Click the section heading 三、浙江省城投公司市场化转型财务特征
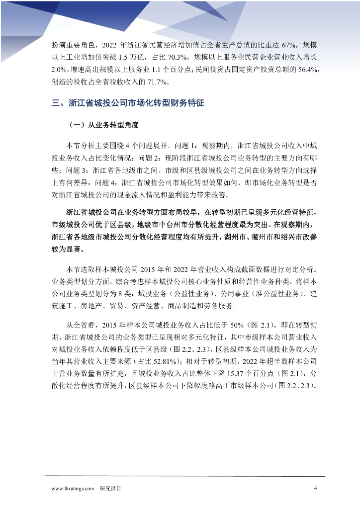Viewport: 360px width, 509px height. pyautogui.click(x=128, y=103)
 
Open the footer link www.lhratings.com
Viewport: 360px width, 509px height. pyautogui.click(x=73, y=489)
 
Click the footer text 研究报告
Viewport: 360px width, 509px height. pyautogui.click(x=110, y=489)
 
